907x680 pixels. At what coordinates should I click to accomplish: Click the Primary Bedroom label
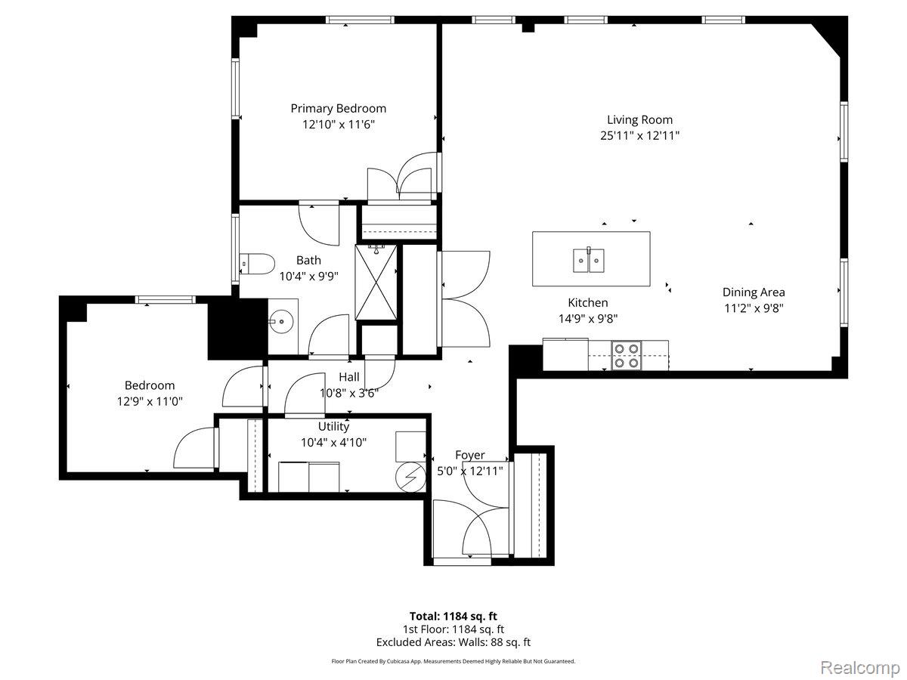pyautogui.click(x=338, y=109)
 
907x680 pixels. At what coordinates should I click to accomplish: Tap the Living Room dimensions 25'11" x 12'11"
pyautogui.click(x=639, y=136)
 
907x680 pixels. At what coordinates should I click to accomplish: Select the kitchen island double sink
pyautogui.click(x=588, y=260)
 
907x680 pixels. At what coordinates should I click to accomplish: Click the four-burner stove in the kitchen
pyautogui.click(x=627, y=355)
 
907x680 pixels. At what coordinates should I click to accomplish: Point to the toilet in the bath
pyautogui.click(x=257, y=264)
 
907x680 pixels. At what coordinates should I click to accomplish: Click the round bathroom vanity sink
pyautogui.click(x=282, y=320)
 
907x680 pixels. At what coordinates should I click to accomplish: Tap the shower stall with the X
pyautogui.click(x=376, y=282)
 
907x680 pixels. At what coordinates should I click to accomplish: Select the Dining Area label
pyautogui.click(x=754, y=292)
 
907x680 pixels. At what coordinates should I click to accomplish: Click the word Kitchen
pyautogui.click(x=587, y=303)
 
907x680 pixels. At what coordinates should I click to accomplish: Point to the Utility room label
pyautogui.click(x=333, y=426)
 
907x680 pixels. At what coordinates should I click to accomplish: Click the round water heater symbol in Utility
pyautogui.click(x=410, y=478)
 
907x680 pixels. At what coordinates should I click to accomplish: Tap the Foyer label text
pyautogui.click(x=470, y=455)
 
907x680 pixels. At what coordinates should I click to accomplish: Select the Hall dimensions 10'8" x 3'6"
pyautogui.click(x=349, y=393)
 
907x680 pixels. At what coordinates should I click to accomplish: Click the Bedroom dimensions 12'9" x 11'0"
pyautogui.click(x=150, y=401)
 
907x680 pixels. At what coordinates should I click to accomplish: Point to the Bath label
pyautogui.click(x=308, y=261)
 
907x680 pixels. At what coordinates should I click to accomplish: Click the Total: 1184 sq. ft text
pyautogui.click(x=453, y=617)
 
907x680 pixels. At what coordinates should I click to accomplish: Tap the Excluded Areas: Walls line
pyautogui.click(x=453, y=642)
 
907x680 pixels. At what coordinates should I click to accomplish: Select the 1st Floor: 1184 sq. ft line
pyautogui.click(x=453, y=629)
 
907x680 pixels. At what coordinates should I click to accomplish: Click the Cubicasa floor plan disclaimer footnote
pyautogui.click(x=453, y=661)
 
